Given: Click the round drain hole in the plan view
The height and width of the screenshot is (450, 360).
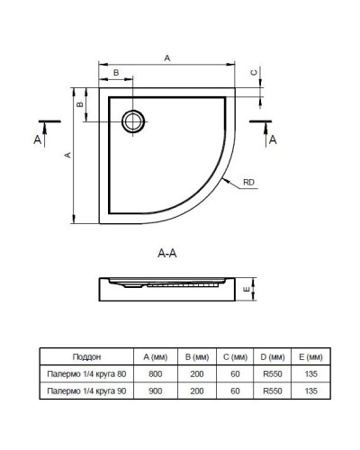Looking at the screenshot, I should click(x=133, y=120).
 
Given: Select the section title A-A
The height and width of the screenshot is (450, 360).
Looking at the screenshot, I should click(x=166, y=253).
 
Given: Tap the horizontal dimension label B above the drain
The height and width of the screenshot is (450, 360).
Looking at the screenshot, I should click(x=115, y=71).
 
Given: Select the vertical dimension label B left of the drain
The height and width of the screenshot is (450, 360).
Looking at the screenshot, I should click(x=79, y=105).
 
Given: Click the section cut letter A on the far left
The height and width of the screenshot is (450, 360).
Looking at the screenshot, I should click(x=36, y=139).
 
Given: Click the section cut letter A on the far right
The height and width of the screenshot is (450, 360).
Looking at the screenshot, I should click(x=274, y=139).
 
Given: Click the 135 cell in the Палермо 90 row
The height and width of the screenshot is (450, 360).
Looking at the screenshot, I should click(x=311, y=391).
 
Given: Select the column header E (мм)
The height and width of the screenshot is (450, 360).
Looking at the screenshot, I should click(x=311, y=356).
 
